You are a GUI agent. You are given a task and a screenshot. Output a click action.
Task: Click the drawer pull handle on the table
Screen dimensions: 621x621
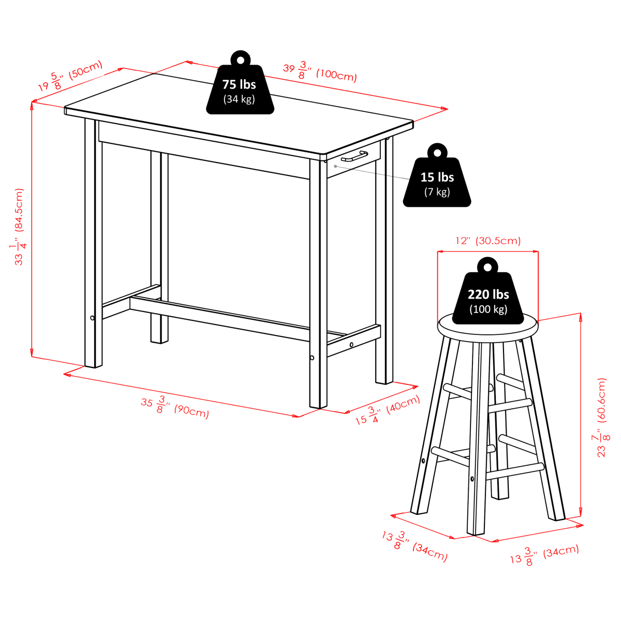354,156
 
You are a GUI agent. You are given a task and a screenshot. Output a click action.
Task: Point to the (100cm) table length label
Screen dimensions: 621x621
336,76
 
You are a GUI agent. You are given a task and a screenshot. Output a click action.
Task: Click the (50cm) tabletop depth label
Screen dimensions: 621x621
85,69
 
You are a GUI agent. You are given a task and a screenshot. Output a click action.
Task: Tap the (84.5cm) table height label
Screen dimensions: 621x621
19,210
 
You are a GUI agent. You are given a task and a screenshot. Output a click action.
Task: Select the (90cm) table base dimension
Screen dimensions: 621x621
191,411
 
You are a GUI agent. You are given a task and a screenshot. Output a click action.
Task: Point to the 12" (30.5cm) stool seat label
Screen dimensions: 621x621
488,241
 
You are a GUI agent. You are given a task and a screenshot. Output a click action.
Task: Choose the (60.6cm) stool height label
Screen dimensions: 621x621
601,400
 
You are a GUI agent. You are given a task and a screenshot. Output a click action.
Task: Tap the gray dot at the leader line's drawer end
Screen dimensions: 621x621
335,166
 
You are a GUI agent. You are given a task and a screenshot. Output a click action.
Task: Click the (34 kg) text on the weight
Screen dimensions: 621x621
239,99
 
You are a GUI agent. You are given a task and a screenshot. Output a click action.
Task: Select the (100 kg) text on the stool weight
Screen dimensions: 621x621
488,309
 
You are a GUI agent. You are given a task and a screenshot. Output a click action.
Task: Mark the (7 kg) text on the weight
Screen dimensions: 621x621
437,192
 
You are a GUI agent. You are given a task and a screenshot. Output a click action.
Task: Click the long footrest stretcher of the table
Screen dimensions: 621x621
220,319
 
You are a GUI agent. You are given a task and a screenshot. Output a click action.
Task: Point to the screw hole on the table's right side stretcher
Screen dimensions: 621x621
351,345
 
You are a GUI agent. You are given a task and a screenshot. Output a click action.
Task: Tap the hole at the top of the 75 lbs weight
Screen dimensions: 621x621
241,60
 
